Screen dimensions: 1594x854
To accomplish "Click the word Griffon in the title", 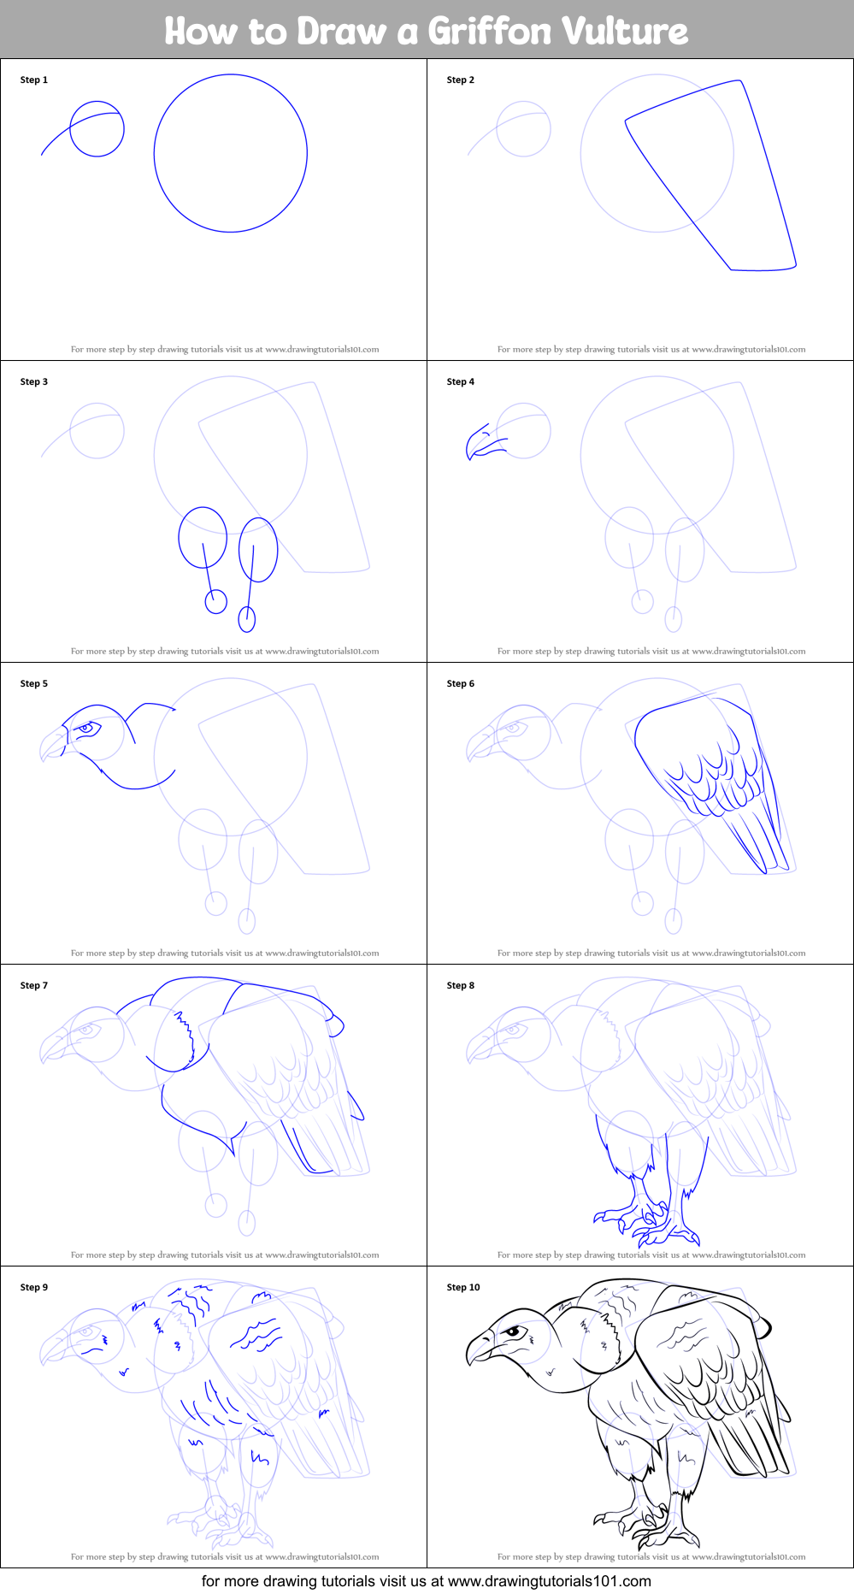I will (x=489, y=32).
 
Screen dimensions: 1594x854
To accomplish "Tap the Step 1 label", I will (x=34, y=80).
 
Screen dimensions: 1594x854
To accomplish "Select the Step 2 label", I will (x=461, y=80).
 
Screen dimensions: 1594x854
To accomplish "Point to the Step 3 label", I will (x=34, y=381).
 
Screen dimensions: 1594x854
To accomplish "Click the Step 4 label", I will (x=461, y=381).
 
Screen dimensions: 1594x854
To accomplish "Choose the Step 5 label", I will (x=34, y=683).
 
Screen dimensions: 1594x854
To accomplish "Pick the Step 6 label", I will (x=461, y=683).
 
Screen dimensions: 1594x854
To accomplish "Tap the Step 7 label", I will (x=34, y=985).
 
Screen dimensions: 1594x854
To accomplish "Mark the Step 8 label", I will (x=461, y=985).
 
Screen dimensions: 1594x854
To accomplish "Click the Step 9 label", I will (x=34, y=1287).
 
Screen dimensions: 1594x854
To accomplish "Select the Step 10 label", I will (x=463, y=1287).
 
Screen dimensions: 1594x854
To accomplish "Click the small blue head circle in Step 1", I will (x=97, y=129).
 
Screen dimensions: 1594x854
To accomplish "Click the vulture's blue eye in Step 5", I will (x=85, y=729).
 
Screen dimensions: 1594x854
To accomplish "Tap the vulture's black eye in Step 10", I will (x=513, y=1331).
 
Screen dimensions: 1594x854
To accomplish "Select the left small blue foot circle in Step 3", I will (x=215, y=601).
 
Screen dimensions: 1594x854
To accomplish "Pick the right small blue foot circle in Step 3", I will (x=247, y=618).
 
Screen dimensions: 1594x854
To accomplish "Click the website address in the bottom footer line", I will (x=550, y=1581).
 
